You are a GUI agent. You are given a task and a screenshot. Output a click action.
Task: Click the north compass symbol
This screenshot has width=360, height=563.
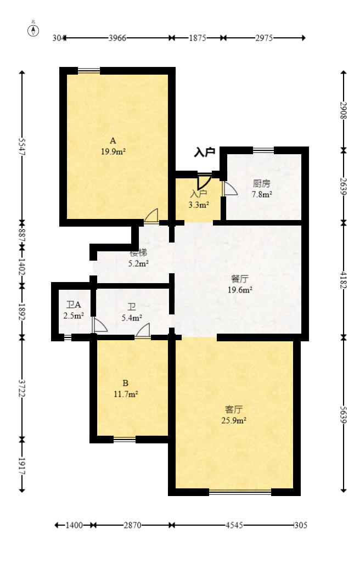[33, 31]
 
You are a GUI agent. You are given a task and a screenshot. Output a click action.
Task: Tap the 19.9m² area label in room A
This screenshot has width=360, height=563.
[113, 151]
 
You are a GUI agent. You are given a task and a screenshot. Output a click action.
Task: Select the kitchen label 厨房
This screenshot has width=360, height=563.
[261, 184]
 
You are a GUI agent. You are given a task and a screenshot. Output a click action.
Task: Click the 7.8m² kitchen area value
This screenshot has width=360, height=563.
[262, 195]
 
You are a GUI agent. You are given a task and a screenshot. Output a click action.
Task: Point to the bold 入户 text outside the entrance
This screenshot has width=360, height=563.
[205, 152]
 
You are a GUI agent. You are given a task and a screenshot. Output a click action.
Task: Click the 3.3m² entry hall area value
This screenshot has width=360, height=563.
[199, 205]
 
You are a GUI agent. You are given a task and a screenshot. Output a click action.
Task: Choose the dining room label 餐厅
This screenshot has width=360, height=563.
[240, 279]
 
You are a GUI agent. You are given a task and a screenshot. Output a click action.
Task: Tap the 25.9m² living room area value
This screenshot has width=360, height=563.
[234, 420]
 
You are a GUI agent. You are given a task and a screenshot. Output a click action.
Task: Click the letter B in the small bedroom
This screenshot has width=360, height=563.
[125, 383]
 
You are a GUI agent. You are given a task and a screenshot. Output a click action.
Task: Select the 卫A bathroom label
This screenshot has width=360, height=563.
[74, 305]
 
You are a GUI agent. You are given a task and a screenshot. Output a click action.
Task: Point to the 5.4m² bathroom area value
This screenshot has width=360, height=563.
[132, 318]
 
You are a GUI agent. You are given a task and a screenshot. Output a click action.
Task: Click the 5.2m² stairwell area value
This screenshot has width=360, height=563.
[138, 263]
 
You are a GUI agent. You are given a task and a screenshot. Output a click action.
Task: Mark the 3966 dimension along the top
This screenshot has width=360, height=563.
[117, 38]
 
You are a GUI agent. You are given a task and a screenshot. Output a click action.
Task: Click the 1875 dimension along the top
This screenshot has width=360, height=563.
[198, 38]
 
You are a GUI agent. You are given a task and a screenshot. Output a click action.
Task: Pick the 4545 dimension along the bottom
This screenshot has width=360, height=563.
[234, 525]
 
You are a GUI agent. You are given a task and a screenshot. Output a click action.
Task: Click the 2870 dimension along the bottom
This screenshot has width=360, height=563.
[132, 525]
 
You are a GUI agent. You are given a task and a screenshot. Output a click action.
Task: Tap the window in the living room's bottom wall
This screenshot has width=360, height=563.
[240, 492]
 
